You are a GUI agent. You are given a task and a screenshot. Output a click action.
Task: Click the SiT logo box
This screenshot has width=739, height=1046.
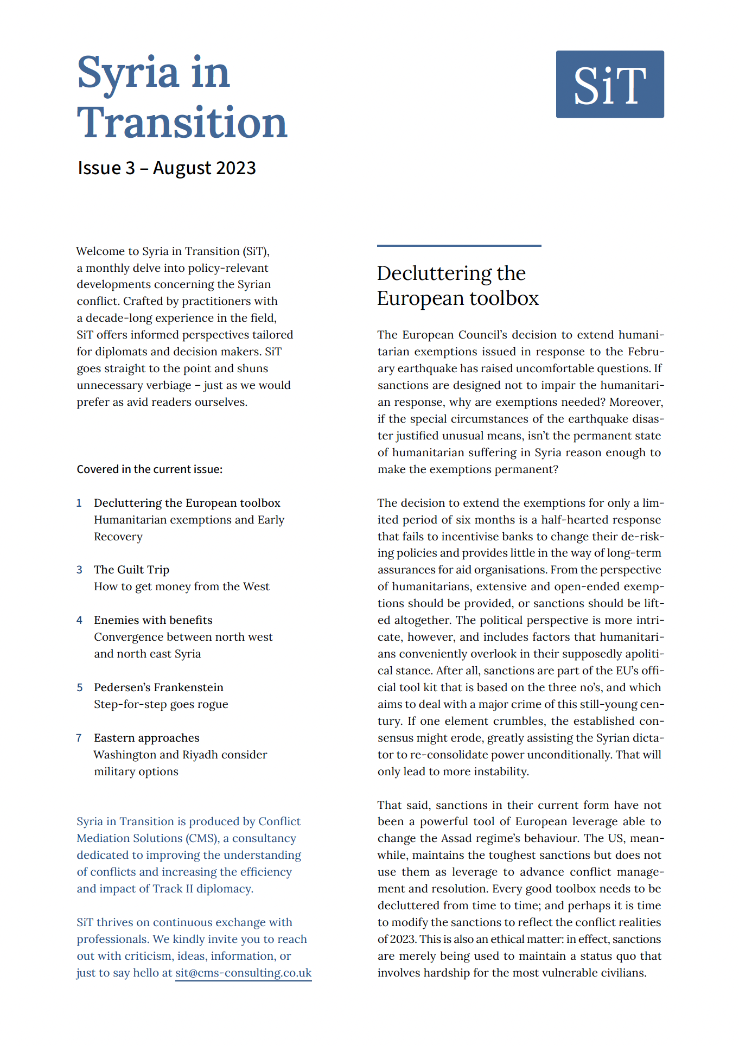click(609, 84)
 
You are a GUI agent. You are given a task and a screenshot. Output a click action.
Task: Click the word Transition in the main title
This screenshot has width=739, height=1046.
click(182, 123)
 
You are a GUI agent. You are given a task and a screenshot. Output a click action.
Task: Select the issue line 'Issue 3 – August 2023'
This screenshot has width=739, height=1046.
click(167, 168)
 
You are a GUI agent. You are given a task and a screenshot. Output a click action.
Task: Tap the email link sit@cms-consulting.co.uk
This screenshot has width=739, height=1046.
click(243, 973)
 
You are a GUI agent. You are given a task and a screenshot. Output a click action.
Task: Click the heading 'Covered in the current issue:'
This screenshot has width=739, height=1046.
click(149, 469)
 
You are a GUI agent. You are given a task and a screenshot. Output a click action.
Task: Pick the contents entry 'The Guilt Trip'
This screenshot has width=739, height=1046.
click(131, 570)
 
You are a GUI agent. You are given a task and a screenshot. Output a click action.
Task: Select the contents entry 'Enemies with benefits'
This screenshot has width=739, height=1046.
click(153, 620)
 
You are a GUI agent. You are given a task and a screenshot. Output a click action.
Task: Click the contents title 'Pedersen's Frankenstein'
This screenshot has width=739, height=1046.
click(158, 687)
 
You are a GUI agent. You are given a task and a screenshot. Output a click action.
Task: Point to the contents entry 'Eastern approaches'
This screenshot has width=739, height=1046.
click(146, 738)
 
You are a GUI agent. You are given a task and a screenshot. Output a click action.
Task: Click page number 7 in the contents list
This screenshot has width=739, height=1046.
click(79, 738)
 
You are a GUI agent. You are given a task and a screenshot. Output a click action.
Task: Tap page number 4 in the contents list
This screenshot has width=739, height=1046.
click(79, 620)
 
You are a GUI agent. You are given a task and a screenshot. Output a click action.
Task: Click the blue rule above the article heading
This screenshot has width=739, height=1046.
click(459, 246)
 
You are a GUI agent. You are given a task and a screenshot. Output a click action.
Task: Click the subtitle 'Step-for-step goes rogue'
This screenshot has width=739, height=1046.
click(161, 704)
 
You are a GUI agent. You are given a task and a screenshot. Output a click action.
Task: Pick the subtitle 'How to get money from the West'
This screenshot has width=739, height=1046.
click(181, 586)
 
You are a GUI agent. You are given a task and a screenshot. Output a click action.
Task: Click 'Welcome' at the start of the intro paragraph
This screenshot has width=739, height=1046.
click(100, 251)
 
